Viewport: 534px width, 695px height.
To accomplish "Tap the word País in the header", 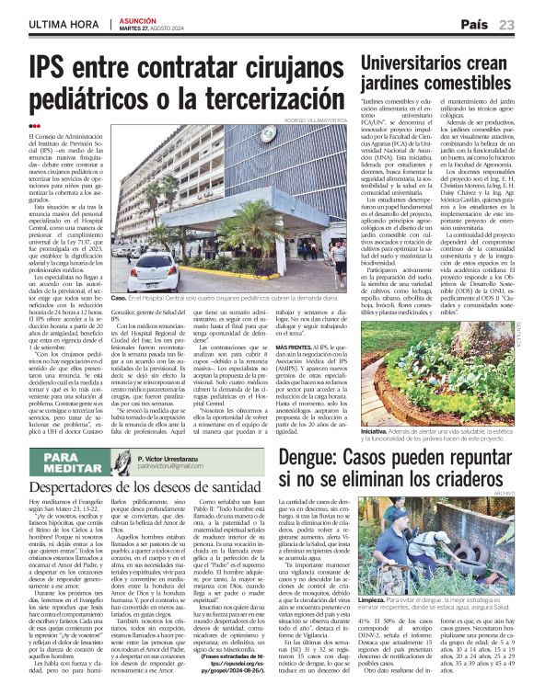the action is point(474,24).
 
